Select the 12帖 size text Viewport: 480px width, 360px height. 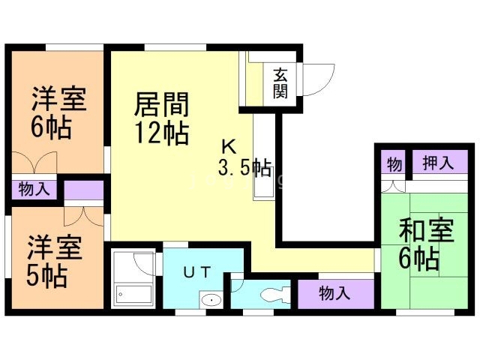[x=162, y=133]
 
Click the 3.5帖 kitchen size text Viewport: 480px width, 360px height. [x=244, y=166]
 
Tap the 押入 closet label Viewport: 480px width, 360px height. [x=437, y=163]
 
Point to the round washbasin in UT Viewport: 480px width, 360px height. [x=212, y=301]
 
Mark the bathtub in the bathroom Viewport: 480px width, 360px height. [x=133, y=295]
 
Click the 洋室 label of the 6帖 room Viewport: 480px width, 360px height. [x=58, y=99]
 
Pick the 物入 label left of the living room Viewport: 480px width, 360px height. [x=34, y=188]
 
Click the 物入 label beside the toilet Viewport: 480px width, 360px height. [x=334, y=292]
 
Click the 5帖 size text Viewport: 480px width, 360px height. [x=49, y=275]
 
